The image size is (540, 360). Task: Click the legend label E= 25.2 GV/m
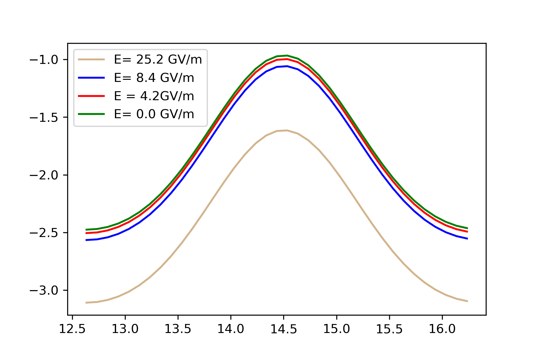158,60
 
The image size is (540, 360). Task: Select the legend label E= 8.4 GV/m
154,78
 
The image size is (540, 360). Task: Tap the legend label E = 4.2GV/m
154,96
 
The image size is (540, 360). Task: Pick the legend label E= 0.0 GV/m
154,114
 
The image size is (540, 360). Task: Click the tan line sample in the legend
91,60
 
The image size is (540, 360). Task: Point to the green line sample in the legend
91,114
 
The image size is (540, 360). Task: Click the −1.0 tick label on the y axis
43,60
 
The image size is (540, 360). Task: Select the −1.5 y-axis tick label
43,117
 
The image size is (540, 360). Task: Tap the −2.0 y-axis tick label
43,175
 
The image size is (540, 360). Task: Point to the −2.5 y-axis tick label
43,233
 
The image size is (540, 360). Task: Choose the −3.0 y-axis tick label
43,290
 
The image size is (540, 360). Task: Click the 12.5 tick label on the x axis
72,329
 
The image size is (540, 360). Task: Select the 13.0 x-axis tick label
125,329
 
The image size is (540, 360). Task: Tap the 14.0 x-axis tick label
231,329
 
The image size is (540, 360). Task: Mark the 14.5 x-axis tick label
283,329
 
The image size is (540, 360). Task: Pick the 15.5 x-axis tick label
389,329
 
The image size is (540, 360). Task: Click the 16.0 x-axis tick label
442,329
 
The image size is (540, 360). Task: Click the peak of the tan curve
287,130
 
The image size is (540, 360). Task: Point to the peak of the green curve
287,55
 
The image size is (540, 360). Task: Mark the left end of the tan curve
86,303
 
